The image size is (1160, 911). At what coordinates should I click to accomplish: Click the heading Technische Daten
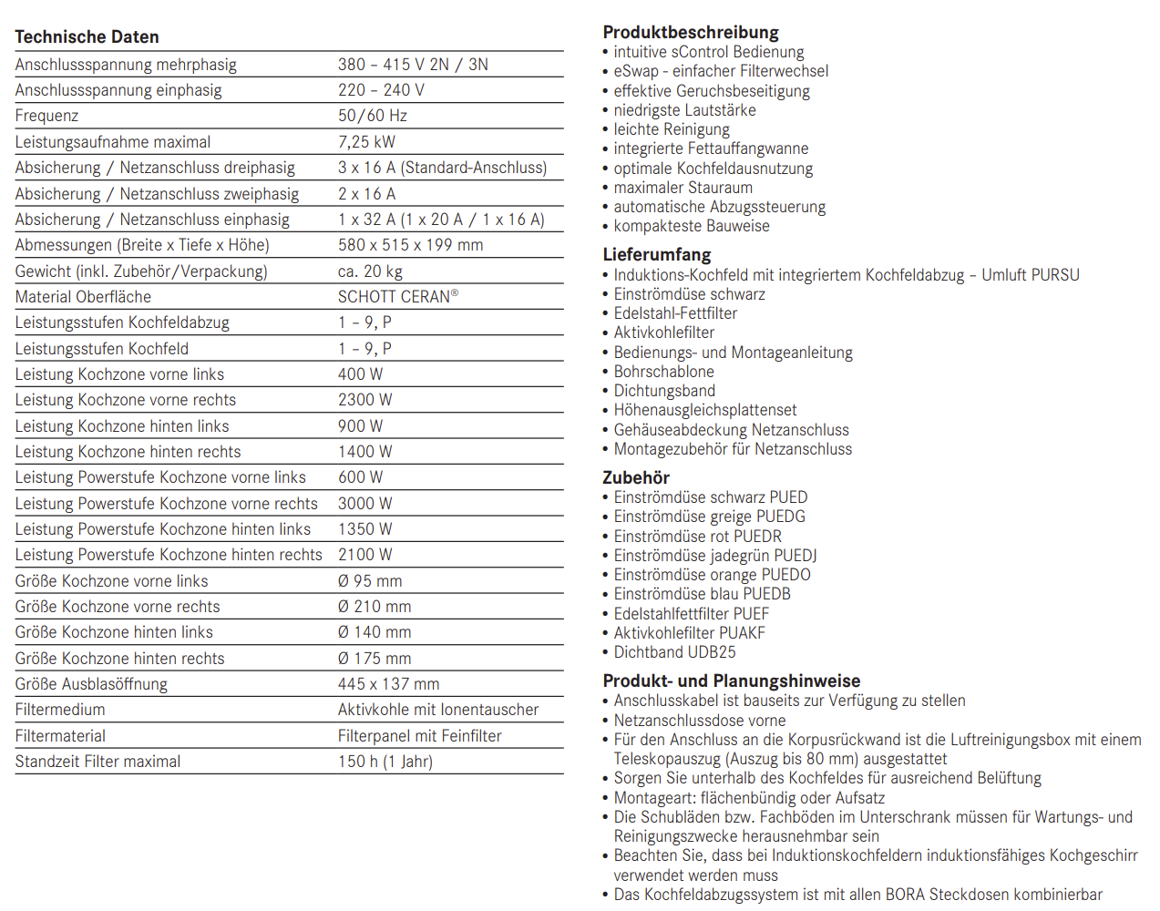coord(87,37)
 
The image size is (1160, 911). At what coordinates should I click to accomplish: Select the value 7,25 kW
coord(366,142)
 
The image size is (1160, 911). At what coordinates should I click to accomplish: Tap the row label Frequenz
coord(46,116)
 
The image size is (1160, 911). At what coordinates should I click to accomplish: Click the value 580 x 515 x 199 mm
coord(410,245)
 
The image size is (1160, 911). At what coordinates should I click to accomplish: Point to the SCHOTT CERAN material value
coord(397,297)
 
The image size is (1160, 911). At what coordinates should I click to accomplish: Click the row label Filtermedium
coord(60,710)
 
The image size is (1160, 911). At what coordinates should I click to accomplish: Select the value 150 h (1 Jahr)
coord(385,762)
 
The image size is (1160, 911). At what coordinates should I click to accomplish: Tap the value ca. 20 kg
coord(370,271)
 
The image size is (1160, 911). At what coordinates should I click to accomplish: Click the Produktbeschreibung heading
coord(691,33)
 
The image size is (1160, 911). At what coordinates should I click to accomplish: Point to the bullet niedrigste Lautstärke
coord(684,110)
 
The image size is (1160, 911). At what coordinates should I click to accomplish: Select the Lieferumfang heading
coord(656,255)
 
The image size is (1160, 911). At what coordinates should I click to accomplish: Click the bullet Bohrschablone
coord(663,372)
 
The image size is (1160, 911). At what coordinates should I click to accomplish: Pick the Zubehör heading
coord(636,478)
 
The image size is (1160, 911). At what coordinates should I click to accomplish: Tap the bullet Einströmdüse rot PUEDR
coord(697,537)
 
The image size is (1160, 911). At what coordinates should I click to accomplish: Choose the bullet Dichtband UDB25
coord(674,652)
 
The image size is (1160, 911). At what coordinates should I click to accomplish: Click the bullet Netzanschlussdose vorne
coord(699,721)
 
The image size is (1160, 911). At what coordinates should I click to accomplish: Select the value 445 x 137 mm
coord(388,684)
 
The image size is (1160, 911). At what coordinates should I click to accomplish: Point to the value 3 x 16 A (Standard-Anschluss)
coord(442,168)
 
